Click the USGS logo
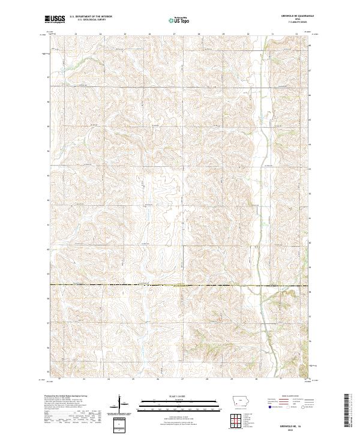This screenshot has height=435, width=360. click(x=55, y=19)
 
